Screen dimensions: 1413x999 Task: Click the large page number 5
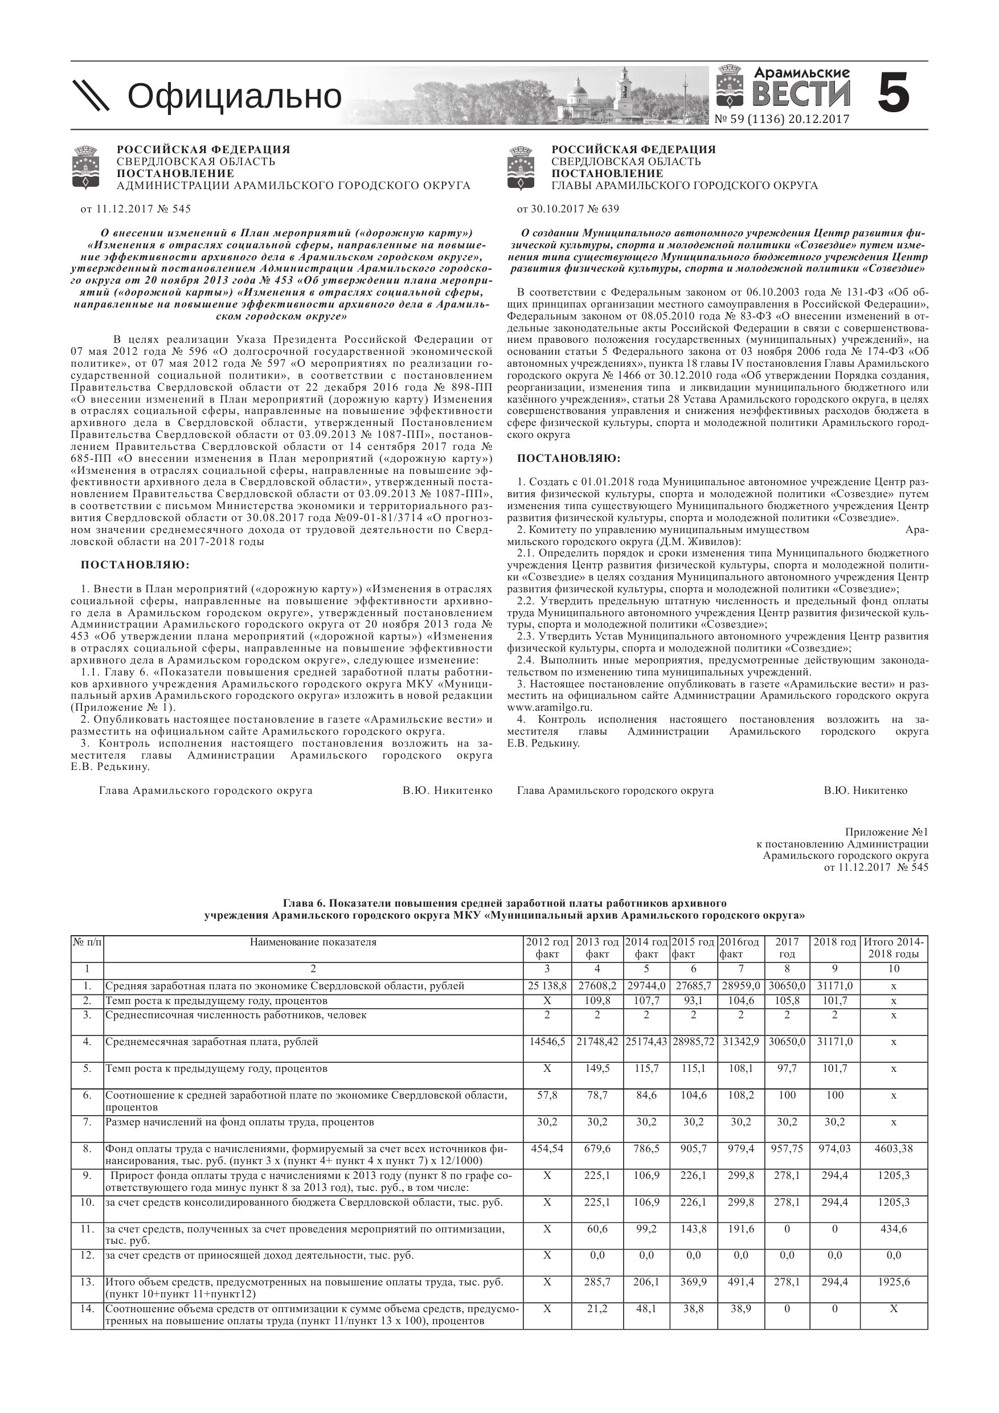pyautogui.click(x=893, y=93)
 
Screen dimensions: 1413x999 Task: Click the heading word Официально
pyautogui.click(x=234, y=97)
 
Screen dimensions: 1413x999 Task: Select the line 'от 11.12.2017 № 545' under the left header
pyautogui.click(x=136, y=209)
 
